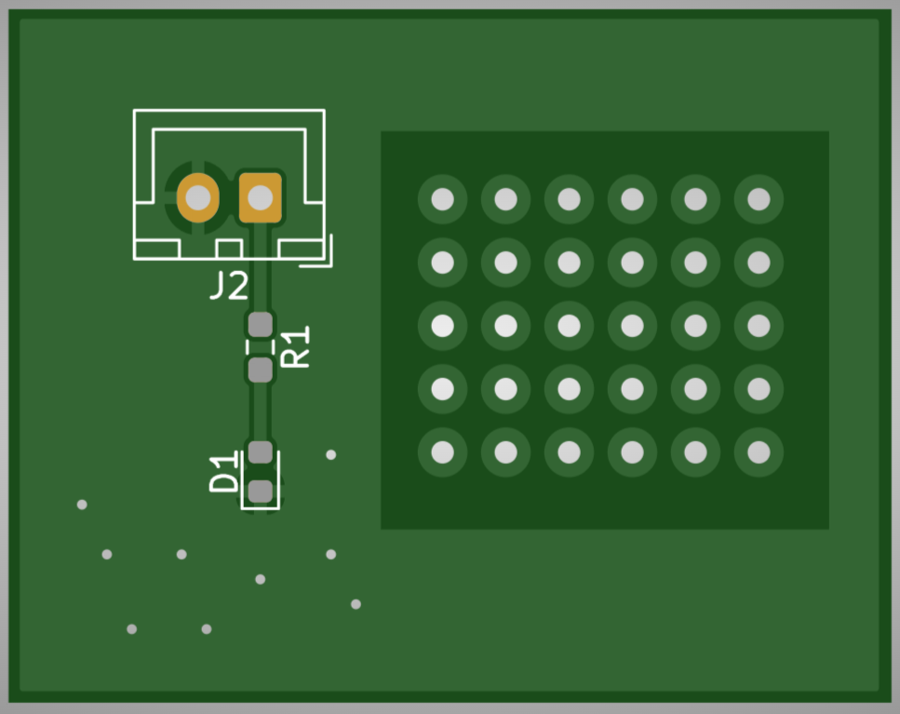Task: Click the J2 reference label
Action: click(x=229, y=285)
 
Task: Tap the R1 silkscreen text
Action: click(x=295, y=346)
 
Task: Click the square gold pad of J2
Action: click(x=260, y=198)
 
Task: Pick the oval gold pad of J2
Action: click(x=198, y=198)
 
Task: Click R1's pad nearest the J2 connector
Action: click(x=260, y=325)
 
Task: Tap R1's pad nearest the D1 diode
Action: click(x=260, y=370)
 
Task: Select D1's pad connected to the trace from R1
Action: click(x=260, y=452)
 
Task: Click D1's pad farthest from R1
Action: click(x=260, y=492)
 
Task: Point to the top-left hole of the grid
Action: click(x=442, y=199)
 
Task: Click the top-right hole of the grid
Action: click(x=759, y=199)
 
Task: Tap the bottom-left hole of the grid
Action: click(x=442, y=452)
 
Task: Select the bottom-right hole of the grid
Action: click(x=759, y=452)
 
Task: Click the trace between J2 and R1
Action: click(x=260, y=267)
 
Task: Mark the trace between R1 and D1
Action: click(x=260, y=411)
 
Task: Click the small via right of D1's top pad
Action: click(x=331, y=454)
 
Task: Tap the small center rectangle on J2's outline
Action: click(x=229, y=249)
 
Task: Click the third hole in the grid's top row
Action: click(x=569, y=199)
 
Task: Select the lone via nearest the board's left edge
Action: click(x=82, y=505)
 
